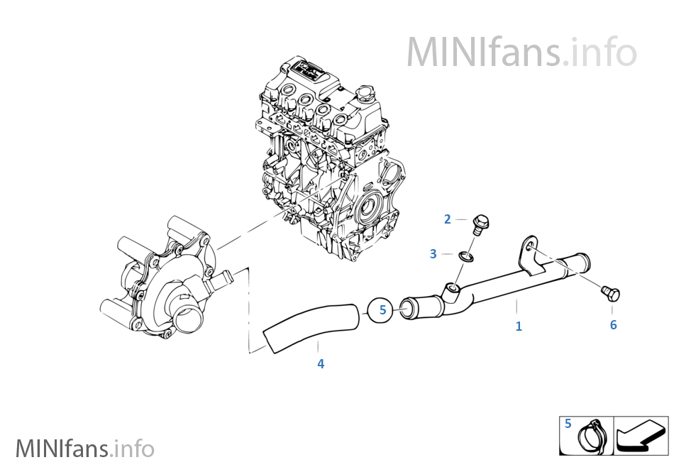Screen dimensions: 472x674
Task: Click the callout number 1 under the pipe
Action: point(519,326)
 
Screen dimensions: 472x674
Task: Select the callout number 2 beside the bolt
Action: point(448,219)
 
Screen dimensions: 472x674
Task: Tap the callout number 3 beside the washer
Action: point(433,254)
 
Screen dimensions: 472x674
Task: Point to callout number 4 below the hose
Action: point(321,364)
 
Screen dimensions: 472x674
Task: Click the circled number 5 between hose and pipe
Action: point(382,309)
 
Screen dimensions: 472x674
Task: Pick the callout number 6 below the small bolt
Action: point(613,325)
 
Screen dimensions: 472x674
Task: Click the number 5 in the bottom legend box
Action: point(568,424)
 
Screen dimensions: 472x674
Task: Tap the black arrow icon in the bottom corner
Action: point(640,437)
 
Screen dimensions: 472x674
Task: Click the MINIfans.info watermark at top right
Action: point(521,52)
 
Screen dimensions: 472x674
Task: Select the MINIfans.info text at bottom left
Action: point(84,449)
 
